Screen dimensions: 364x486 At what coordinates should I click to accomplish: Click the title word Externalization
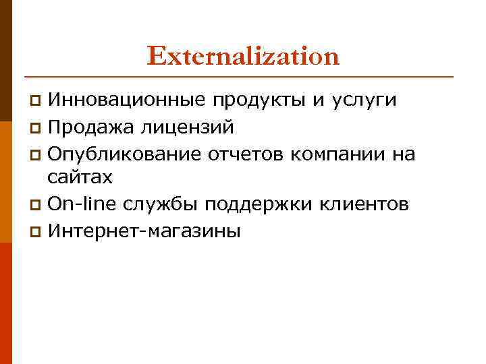coord(243,56)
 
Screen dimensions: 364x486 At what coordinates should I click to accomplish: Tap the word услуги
coord(363,101)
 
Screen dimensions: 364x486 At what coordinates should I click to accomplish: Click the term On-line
coord(75,204)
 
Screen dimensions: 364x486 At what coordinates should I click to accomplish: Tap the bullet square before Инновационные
coord(38,102)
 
